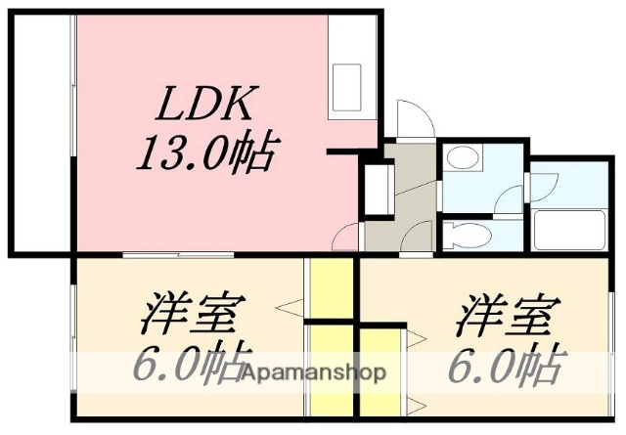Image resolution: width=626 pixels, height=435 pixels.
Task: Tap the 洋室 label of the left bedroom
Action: click(x=191, y=318)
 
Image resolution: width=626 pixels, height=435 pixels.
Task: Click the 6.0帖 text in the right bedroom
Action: click(x=506, y=367)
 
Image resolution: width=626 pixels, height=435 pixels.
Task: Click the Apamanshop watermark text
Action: click(x=316, y=372)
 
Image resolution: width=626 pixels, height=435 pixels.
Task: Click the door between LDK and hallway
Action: click(x=347, y=235)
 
